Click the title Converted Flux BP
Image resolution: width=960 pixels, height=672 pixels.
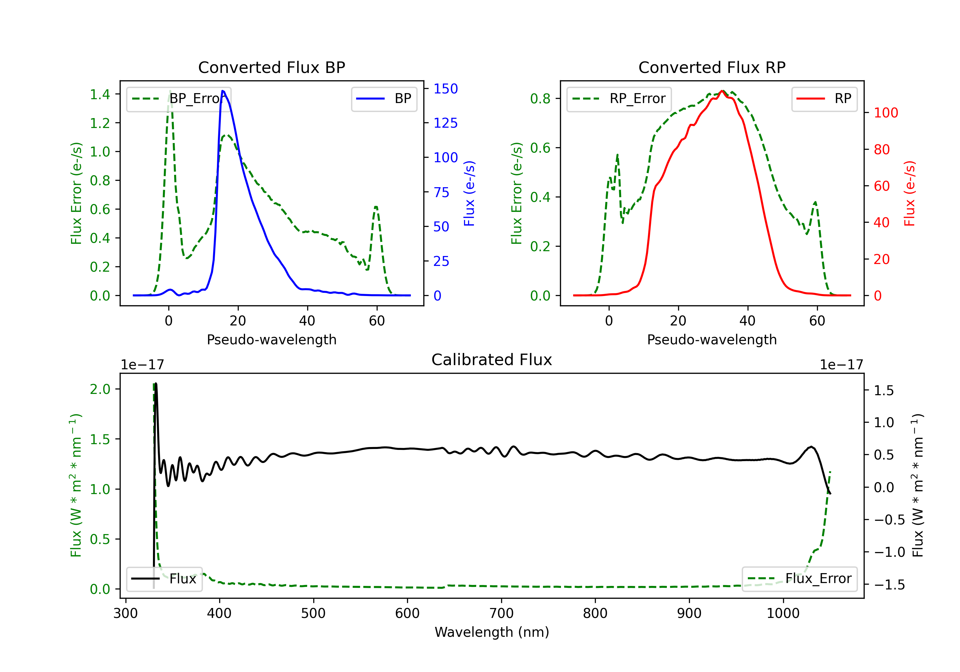point(271,67)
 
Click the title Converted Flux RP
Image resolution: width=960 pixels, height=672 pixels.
point(712,67)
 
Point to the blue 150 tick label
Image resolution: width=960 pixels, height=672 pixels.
point(445,89)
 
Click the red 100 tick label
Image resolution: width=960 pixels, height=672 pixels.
point(885,113)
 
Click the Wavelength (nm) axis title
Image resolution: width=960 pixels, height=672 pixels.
point(492,632)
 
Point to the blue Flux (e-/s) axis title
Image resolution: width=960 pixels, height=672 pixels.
point(469,193)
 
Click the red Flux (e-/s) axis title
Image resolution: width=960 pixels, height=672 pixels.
point(909,193)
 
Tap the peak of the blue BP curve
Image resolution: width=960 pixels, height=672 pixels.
point(223,91)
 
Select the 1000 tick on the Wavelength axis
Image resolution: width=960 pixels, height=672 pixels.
point(783,613)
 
